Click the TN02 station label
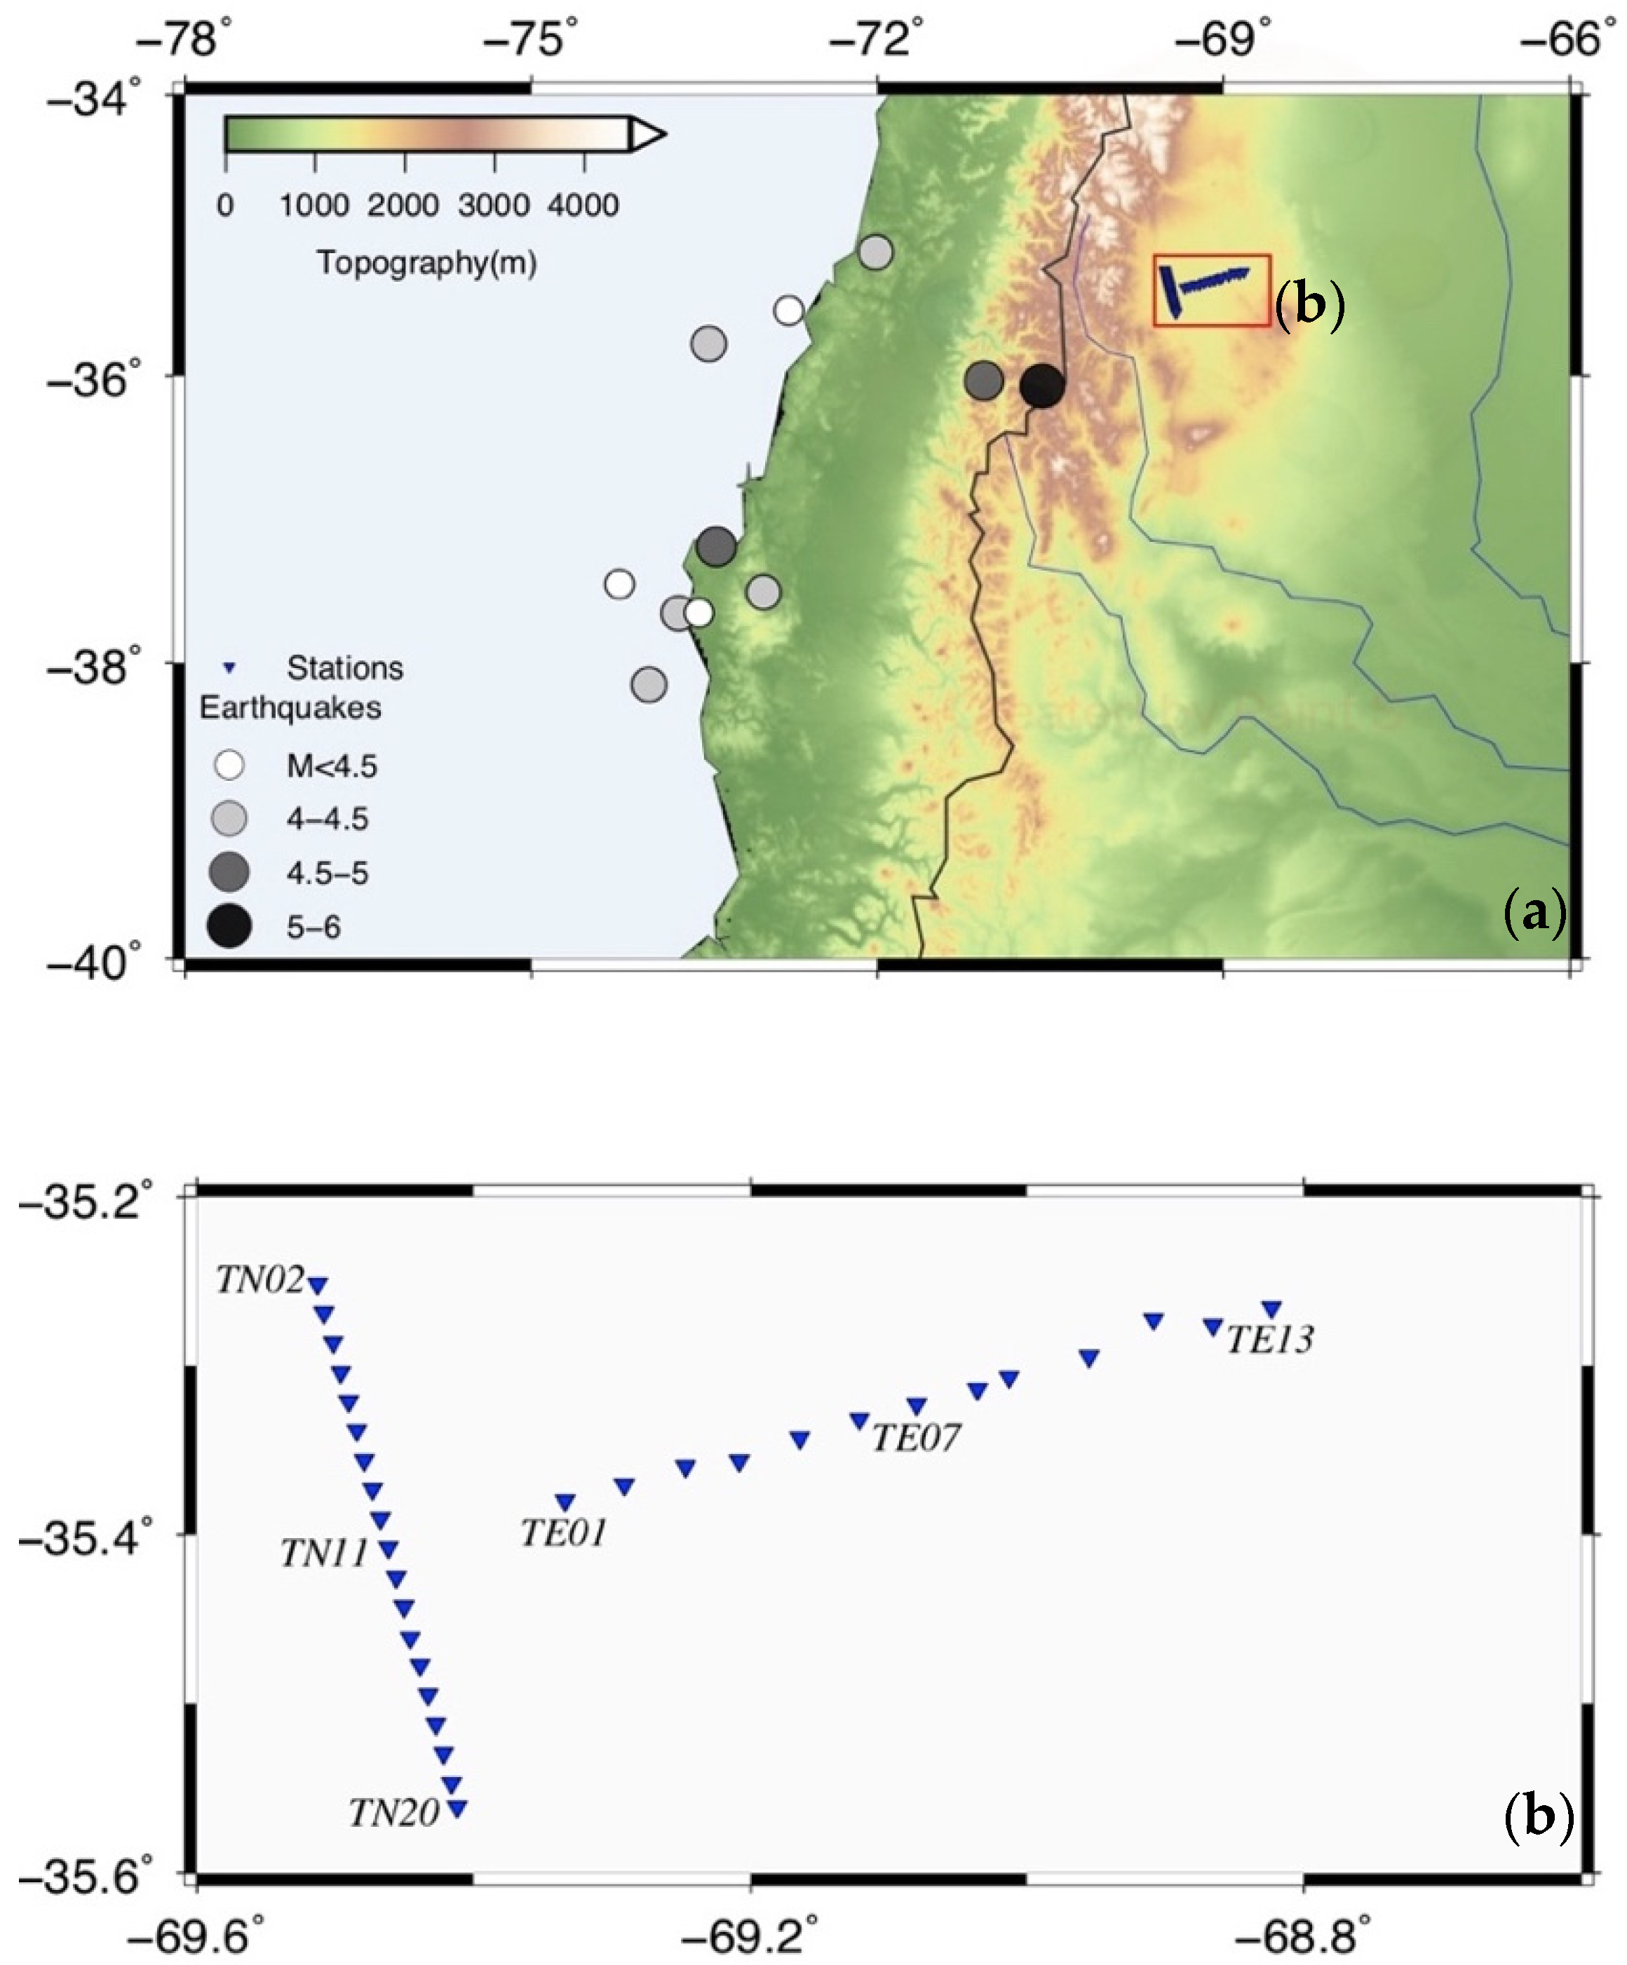pos(260,1280)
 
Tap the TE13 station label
pos(1269,1340)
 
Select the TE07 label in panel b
pos(916,1437)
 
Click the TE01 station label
pos(562,1532)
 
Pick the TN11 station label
pos(324,1553)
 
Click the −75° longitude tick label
pos(532,40)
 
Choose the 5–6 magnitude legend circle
pos(229,926)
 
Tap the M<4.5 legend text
pos(332,766)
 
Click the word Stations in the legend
pos(344,668)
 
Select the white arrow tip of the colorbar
pos(647,135)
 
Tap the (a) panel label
pos(1534,911)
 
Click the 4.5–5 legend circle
pos(229,872)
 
